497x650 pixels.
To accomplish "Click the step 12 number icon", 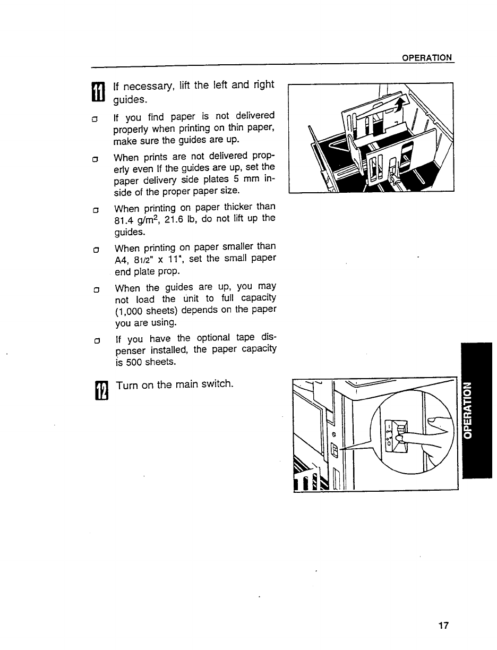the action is tap(100, 391).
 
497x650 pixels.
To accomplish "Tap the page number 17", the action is tap(444, 625).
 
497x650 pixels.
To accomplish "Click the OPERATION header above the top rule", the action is tap(427, 57).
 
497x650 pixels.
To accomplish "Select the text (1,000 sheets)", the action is tap(150, 310).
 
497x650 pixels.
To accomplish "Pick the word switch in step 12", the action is tap(215, 384).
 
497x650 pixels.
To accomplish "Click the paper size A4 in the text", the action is tap(122, 260).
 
